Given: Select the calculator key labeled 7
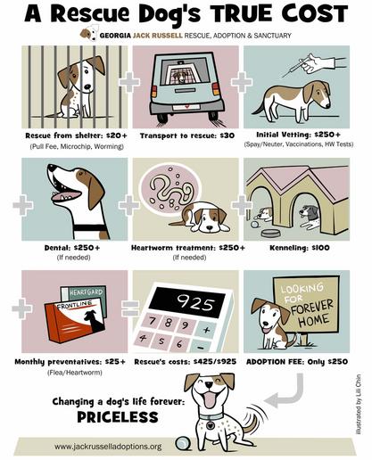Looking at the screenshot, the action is (153, 322).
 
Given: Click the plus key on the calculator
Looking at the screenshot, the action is (206, 329).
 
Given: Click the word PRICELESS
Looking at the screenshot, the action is (118, 417).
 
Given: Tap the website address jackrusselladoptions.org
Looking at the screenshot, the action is (108, 446).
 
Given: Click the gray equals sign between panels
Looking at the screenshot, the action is (130, 308).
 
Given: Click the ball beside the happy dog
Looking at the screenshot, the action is (183, 444).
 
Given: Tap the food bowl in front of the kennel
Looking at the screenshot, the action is (270, 233).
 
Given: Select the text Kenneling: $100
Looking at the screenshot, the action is (300, 248).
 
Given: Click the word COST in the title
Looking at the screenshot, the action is (315, 13).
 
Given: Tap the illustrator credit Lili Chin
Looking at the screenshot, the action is (360, 404).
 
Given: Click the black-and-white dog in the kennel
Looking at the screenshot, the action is (310, 217).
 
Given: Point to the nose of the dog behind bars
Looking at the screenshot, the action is (87, 87).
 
